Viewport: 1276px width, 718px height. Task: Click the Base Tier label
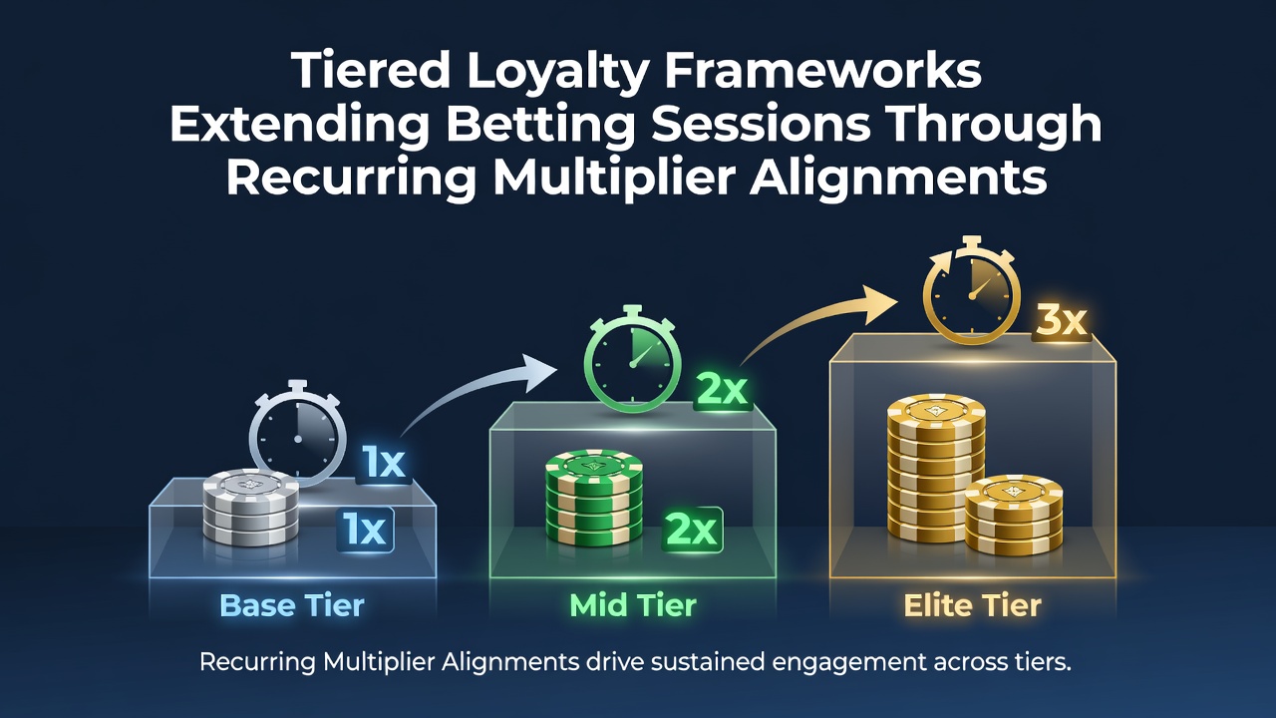292,605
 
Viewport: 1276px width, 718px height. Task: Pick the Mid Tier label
633,605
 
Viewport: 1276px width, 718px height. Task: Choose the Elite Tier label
972,605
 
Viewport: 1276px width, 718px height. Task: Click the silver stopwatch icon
298,434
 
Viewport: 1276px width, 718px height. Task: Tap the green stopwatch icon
633,358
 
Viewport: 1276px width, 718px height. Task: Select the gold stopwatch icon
972,290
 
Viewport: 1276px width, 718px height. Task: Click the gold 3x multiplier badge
1062,321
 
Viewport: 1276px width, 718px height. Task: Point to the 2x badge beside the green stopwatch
722,390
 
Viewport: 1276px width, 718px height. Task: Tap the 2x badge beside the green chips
692,530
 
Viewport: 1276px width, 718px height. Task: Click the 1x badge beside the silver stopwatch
384,463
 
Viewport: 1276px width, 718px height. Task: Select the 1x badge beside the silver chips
365,530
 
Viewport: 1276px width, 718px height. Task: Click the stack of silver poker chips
250,508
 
